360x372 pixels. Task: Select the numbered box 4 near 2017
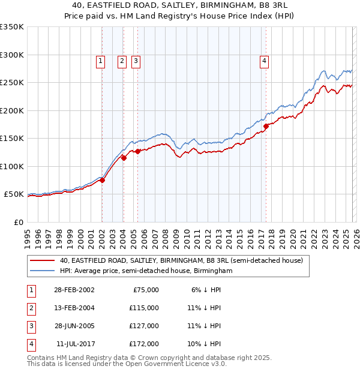264,60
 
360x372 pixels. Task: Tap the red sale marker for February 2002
103,179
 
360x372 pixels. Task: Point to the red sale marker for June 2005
137,151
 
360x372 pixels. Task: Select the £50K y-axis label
14,194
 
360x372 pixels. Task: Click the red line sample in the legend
43,261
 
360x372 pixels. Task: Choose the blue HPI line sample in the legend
43,271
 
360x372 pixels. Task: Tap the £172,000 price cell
144,344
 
